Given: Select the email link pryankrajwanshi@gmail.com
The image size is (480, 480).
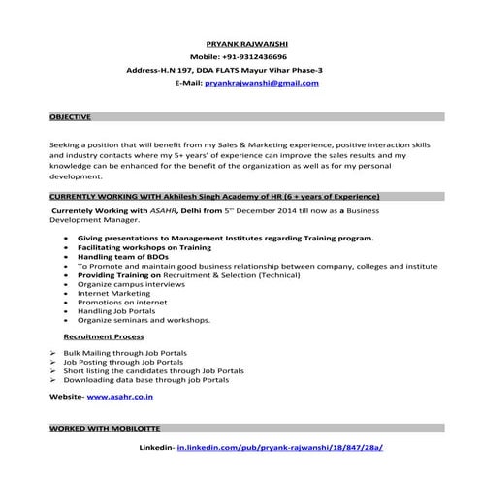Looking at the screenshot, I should pos(261,84).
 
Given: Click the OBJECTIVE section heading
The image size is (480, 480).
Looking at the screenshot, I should pos(70,116).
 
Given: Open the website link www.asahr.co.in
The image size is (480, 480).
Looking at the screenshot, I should pos(120,397).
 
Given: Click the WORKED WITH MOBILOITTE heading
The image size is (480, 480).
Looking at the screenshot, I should pos(105,427).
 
